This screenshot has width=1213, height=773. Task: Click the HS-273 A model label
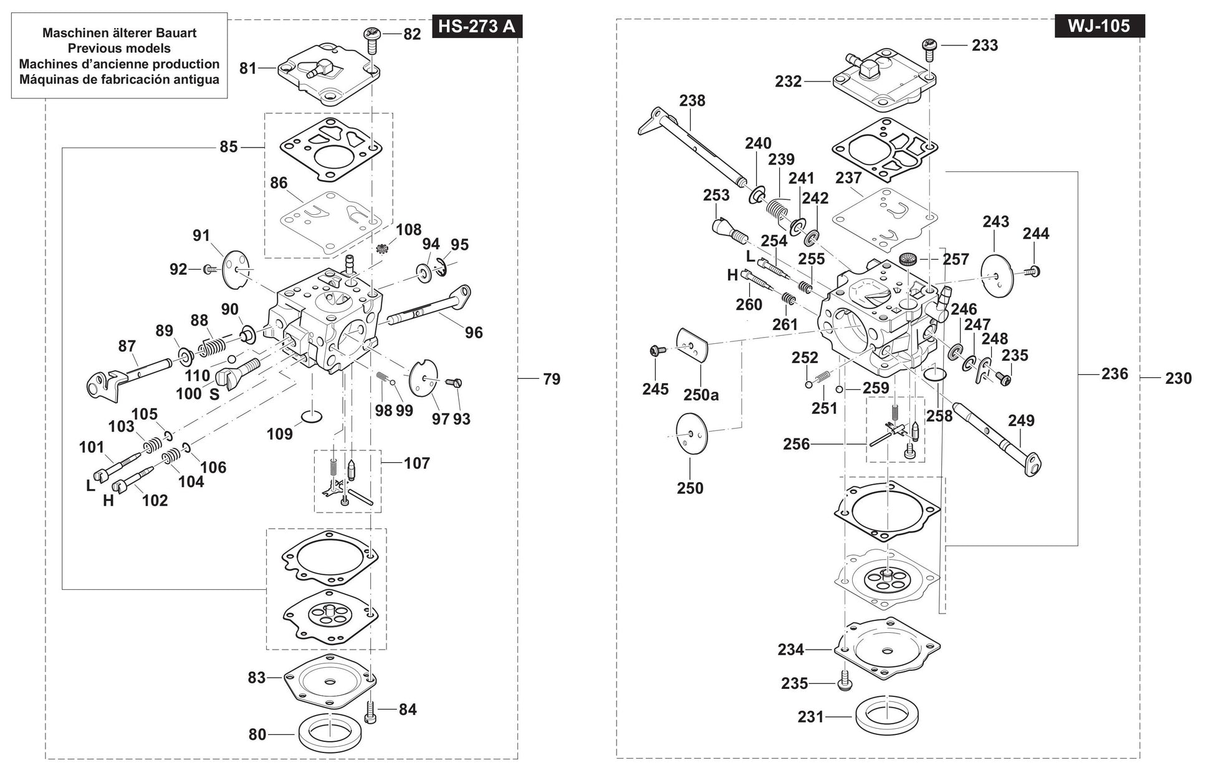tap(477, 27)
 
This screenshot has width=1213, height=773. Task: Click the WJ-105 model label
tap(1100, 27)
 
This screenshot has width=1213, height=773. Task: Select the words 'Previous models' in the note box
tap(119, 48)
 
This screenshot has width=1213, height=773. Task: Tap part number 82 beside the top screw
tap(412, 34)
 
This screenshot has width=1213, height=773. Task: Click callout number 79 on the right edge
tap(552, 379)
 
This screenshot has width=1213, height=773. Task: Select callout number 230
tap(1178, 378)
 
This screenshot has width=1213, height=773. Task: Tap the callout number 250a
tap(701, 395)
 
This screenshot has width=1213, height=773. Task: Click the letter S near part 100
tap(214, 394)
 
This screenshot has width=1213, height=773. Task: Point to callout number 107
tap(417, 463)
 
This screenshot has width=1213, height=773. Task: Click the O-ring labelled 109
tap(312, 415)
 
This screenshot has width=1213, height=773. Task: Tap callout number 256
tap(796, 444)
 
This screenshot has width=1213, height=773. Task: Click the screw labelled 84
tap(372, 711)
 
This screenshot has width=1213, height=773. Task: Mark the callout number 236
tap(1115, 374)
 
